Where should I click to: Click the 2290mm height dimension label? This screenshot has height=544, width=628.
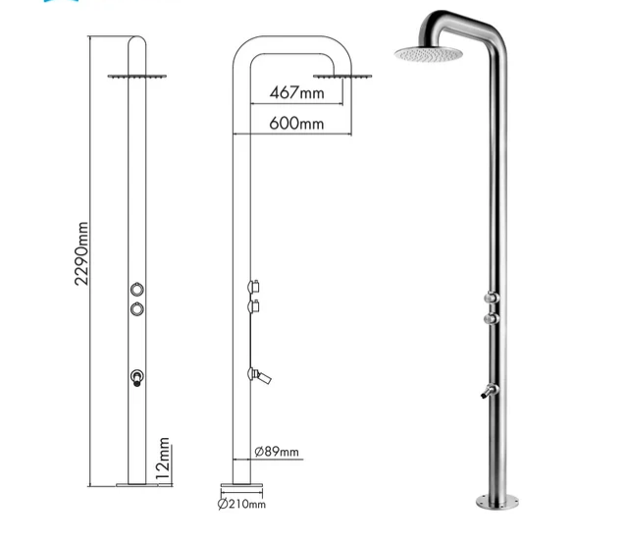tap(82, 253)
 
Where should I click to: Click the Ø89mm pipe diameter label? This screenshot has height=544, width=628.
tap(276, 453)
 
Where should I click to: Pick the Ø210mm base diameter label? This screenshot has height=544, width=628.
tap(241, 505)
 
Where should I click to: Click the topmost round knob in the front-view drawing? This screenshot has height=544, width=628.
tap(138, 290)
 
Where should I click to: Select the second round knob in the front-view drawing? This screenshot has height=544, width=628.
tap(138, 310)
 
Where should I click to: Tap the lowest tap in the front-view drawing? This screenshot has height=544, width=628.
tap(138, 376)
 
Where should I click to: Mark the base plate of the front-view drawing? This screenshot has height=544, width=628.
tap(138, 484)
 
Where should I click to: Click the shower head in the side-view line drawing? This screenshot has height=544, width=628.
tap(330, 75)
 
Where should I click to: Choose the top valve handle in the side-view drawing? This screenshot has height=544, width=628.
tap(254, 287)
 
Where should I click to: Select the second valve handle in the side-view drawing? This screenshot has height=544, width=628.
tap(254, 307)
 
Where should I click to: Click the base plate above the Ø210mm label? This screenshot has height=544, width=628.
tap(240, 485)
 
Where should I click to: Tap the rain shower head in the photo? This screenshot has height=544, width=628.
tap(428, 52)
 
